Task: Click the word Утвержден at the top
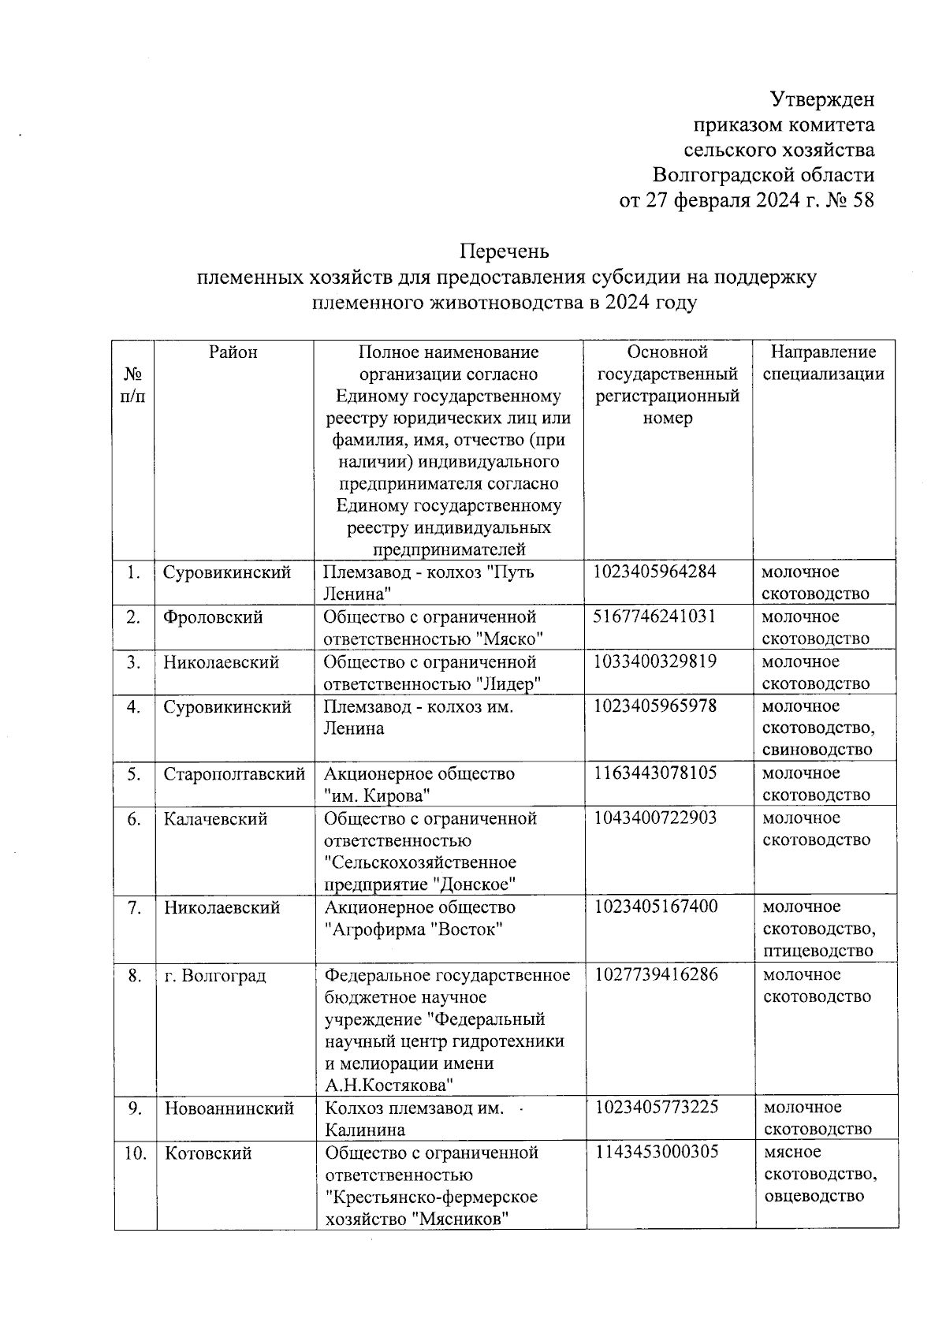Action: pos(821,100)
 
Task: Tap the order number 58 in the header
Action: pos(863,201)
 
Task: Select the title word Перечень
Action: pos(505,252)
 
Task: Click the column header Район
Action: pos(233,352)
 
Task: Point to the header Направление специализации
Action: pos(823,363)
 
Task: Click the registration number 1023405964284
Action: pos(655,572)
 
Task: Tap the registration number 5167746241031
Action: pos(655,616)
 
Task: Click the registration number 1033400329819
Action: pos(655,661)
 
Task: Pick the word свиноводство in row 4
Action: pos(818,749)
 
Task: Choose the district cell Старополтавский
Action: pos(234,774)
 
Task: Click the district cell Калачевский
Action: pos(217,819)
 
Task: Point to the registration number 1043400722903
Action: pos(655,818)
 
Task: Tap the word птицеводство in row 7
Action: pos(818,951)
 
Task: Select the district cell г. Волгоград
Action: pos(215,976)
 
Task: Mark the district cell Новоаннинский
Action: pos(229,1108)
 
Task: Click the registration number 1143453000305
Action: pos(657,1153)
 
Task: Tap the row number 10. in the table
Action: pos(136,1153)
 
